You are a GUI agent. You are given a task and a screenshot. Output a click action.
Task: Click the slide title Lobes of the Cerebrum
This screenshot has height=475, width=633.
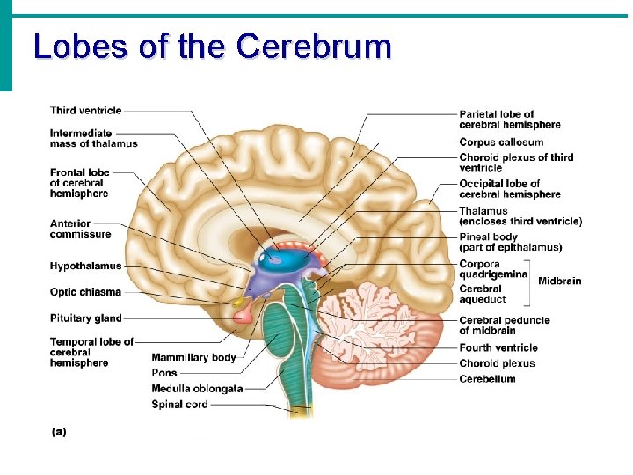(212, 46)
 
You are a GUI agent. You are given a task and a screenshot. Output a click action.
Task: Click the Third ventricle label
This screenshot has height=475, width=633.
(86, 111)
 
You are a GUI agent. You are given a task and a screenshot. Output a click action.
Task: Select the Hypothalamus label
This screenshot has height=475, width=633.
(86, 266)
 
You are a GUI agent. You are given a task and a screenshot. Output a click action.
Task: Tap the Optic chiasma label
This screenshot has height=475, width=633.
(85, 292)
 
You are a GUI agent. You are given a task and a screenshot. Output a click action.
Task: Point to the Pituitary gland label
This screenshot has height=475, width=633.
(86, 318)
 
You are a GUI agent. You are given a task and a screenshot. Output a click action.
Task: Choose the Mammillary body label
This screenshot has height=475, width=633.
(193, 357)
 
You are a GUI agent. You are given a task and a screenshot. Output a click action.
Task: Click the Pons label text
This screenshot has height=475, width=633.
(164, 373)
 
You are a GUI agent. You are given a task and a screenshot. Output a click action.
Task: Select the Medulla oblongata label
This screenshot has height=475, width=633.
(197, 389)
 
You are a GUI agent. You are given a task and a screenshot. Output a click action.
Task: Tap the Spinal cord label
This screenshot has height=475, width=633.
(179, 405)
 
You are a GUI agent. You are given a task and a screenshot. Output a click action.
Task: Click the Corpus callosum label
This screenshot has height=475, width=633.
(501, 142)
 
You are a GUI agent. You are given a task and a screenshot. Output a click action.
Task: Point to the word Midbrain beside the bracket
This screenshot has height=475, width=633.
(560, 281)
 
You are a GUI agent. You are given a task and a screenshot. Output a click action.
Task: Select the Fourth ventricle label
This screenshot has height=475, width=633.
(498, 348)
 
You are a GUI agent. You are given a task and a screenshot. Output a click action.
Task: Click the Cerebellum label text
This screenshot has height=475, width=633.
(487, 379)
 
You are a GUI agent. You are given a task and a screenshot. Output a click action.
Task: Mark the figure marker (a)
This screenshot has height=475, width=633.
(59, 432)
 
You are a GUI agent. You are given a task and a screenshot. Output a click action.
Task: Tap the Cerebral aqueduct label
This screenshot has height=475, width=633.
(483, 294)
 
